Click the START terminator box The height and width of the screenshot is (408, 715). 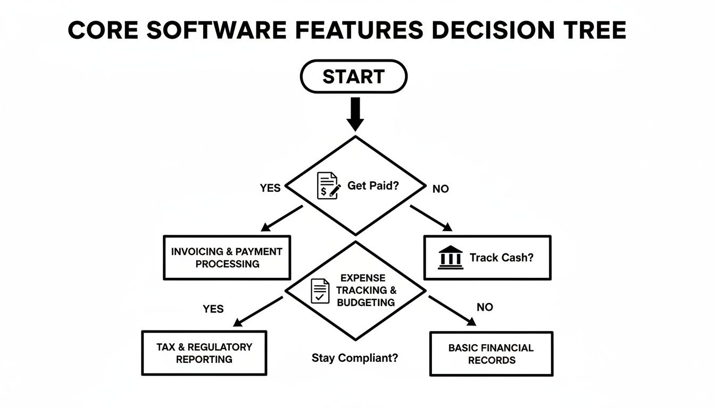coord(354,76)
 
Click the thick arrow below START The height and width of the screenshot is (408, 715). coord(355,113)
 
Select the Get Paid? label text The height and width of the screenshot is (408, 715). coord(372,186)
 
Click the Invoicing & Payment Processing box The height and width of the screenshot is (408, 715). coord(227,258)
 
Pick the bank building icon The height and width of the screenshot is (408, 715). coord(450,258)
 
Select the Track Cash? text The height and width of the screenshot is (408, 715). coord(501,258)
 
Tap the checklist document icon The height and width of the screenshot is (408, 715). coord(320,291)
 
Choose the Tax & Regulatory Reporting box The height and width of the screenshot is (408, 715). coord(204,353)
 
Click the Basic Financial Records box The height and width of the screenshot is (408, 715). coord(490,354)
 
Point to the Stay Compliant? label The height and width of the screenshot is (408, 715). coord(354,358)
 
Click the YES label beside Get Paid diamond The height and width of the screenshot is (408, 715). coord(270,189)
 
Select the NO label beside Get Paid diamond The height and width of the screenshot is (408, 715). coord(440,189)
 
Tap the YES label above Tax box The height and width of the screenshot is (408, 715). coord(213,309)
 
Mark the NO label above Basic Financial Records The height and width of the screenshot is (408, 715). coord(485,307)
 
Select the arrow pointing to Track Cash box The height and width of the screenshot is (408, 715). coord(431,218)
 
